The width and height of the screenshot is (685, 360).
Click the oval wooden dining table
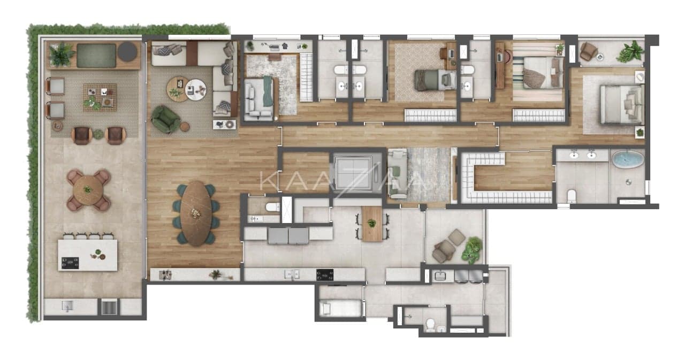(196, 213)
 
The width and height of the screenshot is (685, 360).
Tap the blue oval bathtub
(628, 159)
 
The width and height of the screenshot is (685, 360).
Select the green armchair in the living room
(165, 119)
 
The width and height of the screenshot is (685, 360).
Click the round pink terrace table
(88, 190)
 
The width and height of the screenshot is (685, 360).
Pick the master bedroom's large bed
(621, 105)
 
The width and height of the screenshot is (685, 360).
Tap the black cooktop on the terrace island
(70, 263)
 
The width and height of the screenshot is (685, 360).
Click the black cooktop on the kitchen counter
(325, 274)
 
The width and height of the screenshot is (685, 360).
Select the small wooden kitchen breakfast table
(372, 224)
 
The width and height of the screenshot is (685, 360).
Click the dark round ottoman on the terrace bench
(127, 51)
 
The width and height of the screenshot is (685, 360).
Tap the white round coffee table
(196, 89)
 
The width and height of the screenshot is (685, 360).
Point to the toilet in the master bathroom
(571, 196)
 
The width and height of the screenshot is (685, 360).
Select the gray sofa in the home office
(258, 99)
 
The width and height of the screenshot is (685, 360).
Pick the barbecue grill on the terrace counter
(109, 307)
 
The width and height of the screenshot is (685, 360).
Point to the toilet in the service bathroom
(430, 325)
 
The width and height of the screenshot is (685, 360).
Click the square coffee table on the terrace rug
(100, 97)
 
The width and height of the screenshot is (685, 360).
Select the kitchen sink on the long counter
(292, 274)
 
